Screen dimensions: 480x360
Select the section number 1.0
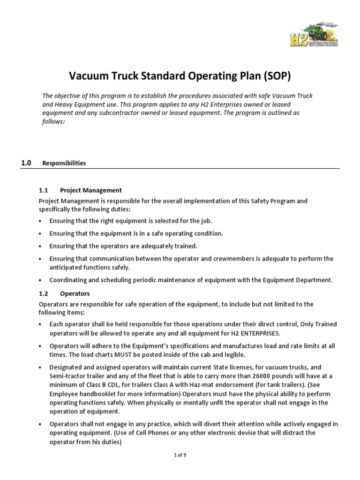pyautogui.click(x=26, y=163)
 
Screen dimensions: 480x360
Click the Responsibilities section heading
pyautogui.click(x=64, y=164)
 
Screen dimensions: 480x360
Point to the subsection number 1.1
pyautogui.click(x=44, y=190)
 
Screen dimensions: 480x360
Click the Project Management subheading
pyautogui.click(x=91, y=190)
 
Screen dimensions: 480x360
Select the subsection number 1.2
pyautogui.click(x=44, y=294)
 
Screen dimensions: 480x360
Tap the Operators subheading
pyautogui.click(x=75, y=294)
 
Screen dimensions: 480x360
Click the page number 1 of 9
pyautogui.click(x=180, y=455)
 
